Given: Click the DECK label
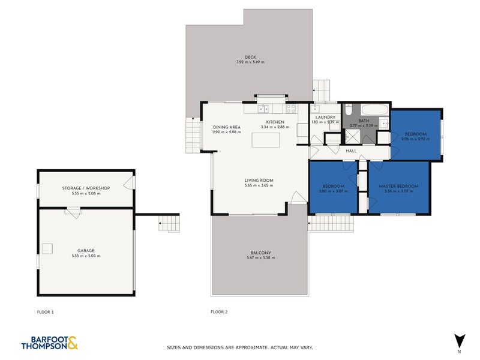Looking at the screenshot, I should (x=250, y=57).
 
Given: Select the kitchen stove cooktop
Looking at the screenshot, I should (x=290, y=109).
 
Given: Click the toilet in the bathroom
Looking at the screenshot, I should (x=348, y=110).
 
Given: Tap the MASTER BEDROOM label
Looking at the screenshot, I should (x=398, y=186).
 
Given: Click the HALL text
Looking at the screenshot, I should (x=352, y=151).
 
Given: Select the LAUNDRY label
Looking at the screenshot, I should (x=325, y=118).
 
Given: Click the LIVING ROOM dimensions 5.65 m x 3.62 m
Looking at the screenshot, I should (x=259, y=185).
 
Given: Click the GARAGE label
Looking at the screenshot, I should (x=85, y=250).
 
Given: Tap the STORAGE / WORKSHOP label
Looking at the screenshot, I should (x=85, y=188).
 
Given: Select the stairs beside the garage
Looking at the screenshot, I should (x=170, y=223).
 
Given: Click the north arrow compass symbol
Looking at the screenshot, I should (x=459, y=340).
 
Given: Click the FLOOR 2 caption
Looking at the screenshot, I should (x=219, y=312).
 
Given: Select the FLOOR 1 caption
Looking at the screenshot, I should (x=46, y=312).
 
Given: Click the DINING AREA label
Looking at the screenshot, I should (x=227, y=127).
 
